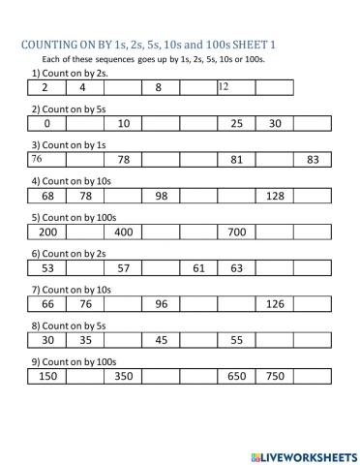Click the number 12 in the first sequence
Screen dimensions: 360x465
pyautogui.click(x=224, y=87)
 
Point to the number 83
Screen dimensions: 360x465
pyautogui.click(x=312, y=160)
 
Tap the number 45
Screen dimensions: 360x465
pyautogui.click(x=162, y=341)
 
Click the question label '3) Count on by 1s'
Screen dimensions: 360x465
pyautogui.click(x=69, y=143)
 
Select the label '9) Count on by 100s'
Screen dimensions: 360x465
pyautogui.click(x=75, y=360)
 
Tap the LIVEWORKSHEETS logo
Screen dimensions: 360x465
pyautogui.click(x=299, y=454)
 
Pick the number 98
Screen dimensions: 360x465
pyautogui.click(x=162, y=197)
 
